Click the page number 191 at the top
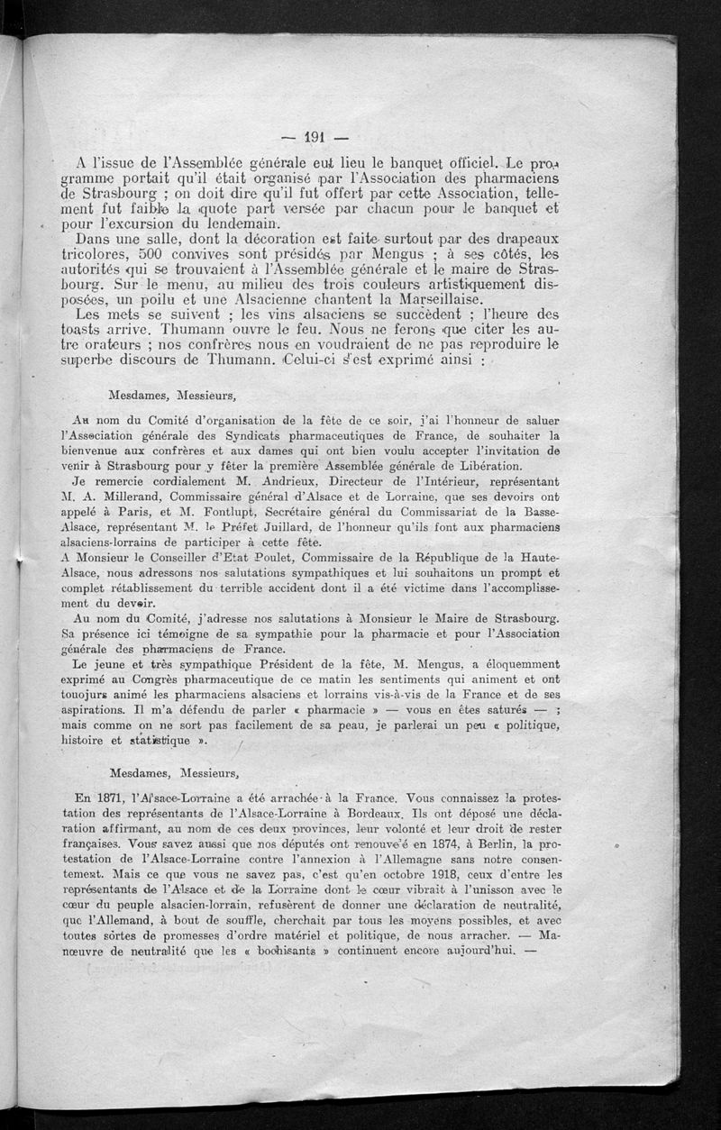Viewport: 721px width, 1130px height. coord(314,138)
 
